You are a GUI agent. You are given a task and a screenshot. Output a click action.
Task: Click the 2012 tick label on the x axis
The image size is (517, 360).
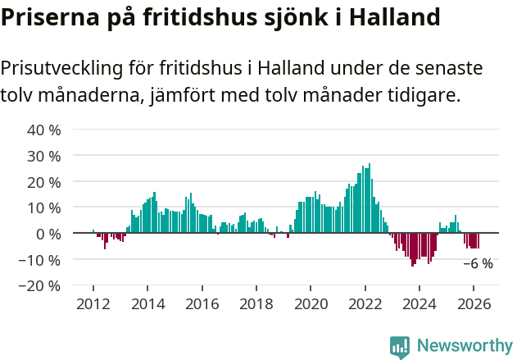[x=93, y=303]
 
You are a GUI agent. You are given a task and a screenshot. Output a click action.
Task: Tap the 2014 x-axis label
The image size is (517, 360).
[x=147, y=303]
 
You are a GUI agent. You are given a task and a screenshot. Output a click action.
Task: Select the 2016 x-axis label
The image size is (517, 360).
[x=202, y=303]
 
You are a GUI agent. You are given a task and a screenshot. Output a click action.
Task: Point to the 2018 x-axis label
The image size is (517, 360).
[x=256, y=303]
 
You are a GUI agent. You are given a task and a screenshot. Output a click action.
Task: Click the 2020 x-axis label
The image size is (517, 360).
[x=311, y=303]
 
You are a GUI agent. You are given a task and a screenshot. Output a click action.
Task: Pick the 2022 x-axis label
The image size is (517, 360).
[x=365, y=303]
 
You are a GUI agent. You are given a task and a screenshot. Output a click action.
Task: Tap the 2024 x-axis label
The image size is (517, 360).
[x=419, y=303]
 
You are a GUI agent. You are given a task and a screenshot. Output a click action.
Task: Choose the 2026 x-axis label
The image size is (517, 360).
[x=474, y=303]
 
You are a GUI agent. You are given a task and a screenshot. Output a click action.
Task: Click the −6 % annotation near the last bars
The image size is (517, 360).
[x=478, y=264]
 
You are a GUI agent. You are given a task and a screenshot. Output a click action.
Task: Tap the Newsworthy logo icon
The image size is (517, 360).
[x=400, y=347]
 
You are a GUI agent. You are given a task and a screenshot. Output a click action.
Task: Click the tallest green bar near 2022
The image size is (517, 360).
[x=370, y=198]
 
